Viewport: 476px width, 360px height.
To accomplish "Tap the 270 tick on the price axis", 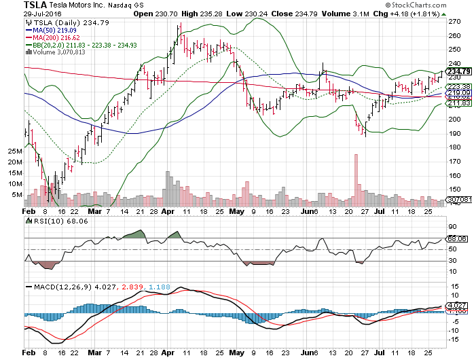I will (x=453, y=21).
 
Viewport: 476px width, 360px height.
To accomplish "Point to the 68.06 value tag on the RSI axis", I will (x=454, y=239).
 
